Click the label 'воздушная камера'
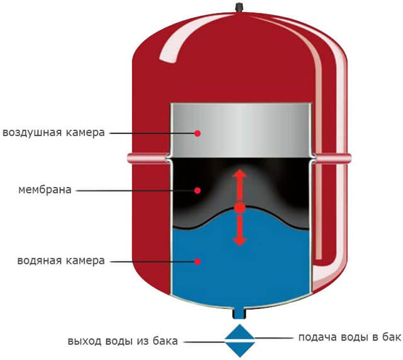pyautogui.click(x=54, y=133)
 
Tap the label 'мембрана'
pyautogui.click(x=45, y=190)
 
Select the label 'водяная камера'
pyautogui.click(x=61, y=261)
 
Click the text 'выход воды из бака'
pyautogui.click(x=123, y=342)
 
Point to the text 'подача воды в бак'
pyautogui.click(x=349, y=337)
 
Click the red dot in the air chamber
pyautogui.click(x=197, y=133)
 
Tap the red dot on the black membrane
pyautogui.click(x=197, y=191)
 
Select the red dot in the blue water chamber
pyautogui.click(x=197, y=262)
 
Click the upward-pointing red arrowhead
pyautogui.click(x=239, y=174)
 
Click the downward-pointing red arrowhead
pyautogui.click(x=239, y=242)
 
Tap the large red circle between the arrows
pyautogui.click(x=240, y=208)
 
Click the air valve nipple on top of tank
pyautogui.click(x=239, y=7)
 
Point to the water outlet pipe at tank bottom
pyautogui.click(x=239, y=313)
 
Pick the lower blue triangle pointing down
pyautogui.click(x=240, y=349)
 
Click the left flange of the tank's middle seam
pyautogui.click(x=148, y=158)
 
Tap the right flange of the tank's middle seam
pyautogui.click(x=332, y=158)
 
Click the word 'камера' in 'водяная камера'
pyautogui.click(x=86, y=261)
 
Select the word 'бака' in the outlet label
pyautogui.click(x=165, y=341)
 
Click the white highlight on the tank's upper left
pyautogui.click(x=180, y=38)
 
